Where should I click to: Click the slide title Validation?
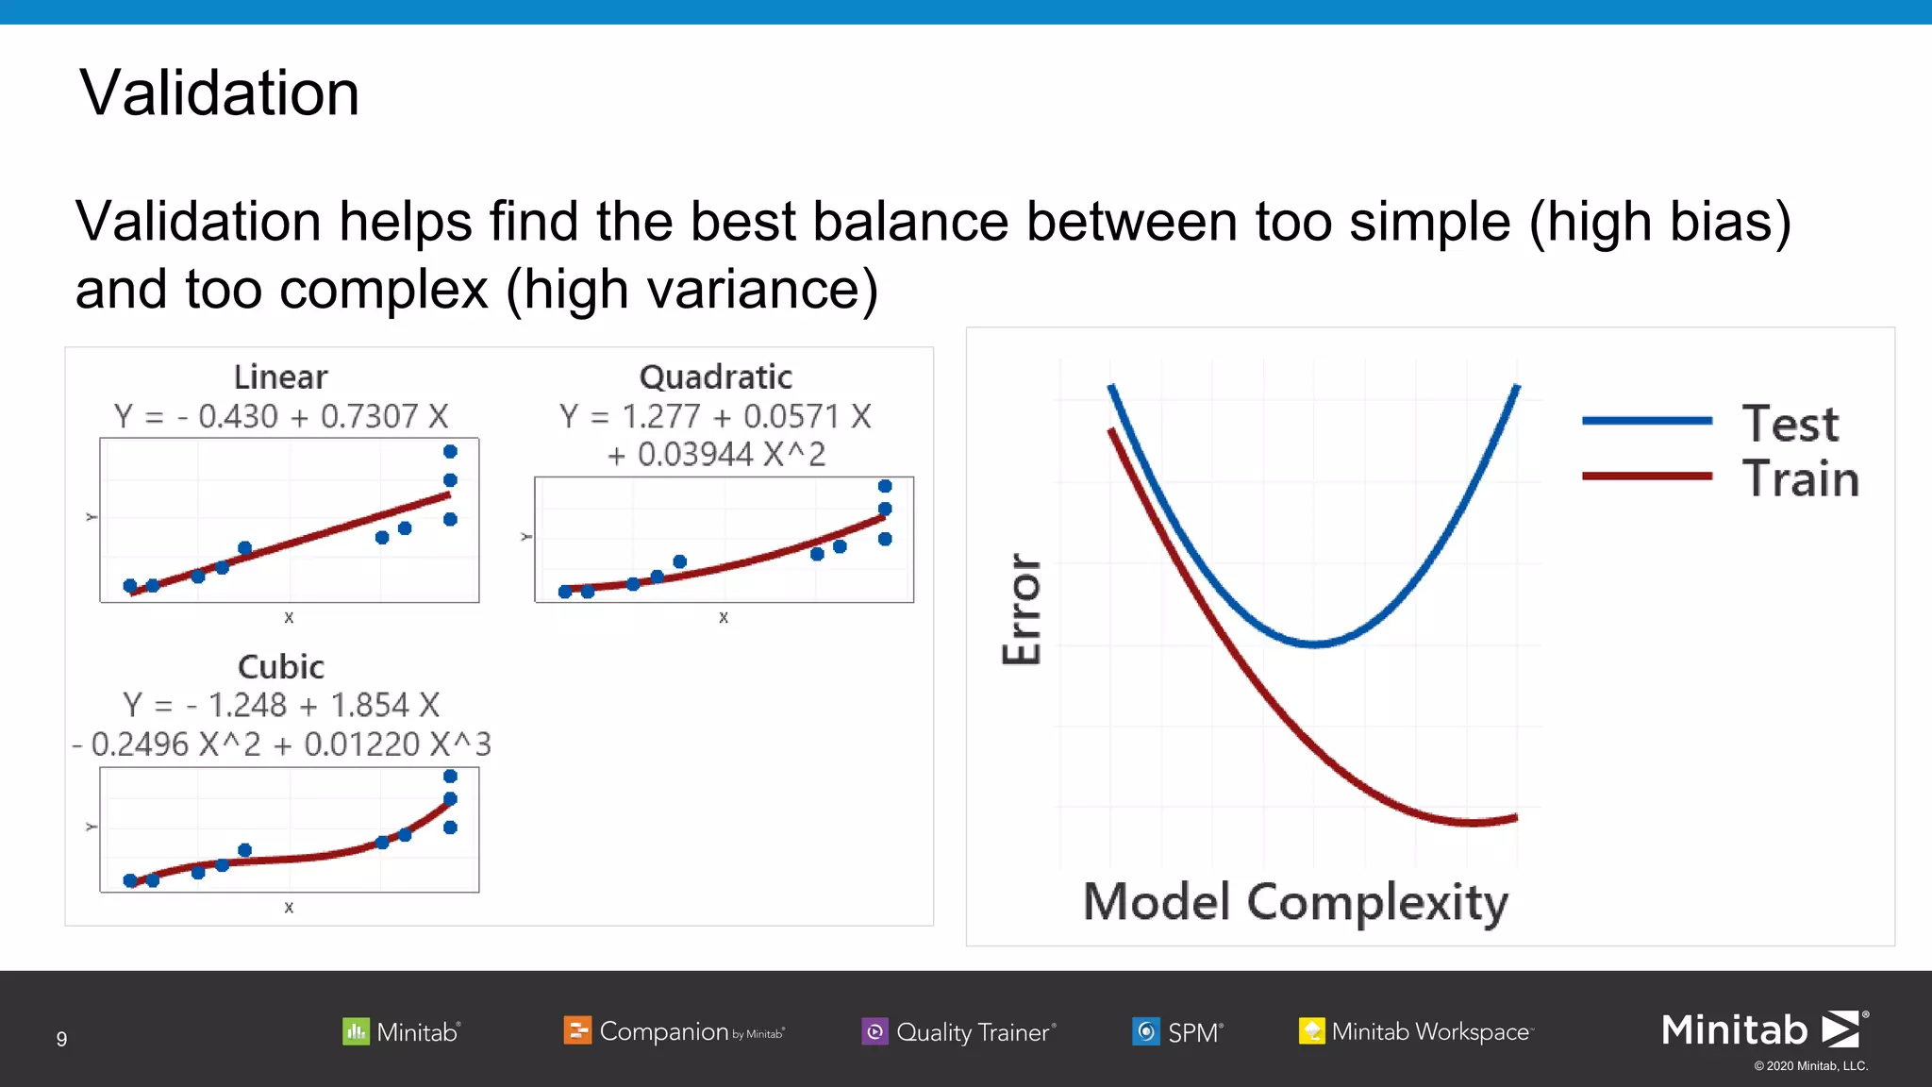(x=219, y=93)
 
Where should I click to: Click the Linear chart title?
(x=280, y=377)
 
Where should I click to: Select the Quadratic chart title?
(x=715, y=377)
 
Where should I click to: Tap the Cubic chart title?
(x=280, y=667)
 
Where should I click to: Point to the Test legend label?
(x=1790, y=424)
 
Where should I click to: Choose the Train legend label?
(x=1800, y=478)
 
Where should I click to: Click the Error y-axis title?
(x=1022, y=609)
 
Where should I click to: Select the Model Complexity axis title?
(x=1294, y=902)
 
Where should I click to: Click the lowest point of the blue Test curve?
(x=1314, y=644)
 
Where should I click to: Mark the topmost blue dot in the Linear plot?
(x=450, y=452)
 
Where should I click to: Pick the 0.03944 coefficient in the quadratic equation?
(x=695, y=455)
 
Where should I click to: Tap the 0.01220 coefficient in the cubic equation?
(x=362, y=744)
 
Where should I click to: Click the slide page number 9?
(x=61, y=1039)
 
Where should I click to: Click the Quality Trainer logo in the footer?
(x=958, y=1031)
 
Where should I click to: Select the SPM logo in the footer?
(x=1177, y=1031)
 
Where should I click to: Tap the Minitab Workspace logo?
(x=1415, y=1031)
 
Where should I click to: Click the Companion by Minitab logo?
(x=674, y=1031)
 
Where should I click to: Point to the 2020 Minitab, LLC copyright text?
(x=1810, y=1066)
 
